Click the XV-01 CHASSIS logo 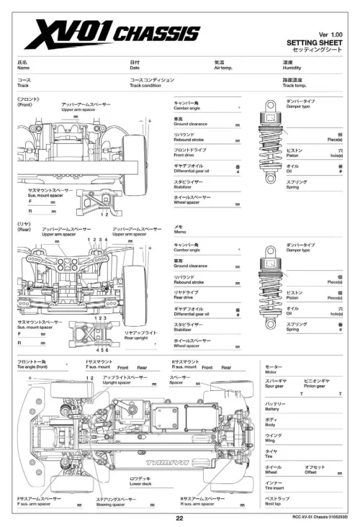pyautogui.click(x=112, y=33)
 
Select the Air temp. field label pyautogui.click(x=225, y=66)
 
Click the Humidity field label pyautogui.click(x=293, y=66)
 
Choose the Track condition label pyautogui.click(x=145, y=85)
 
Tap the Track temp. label pyautogui.click(x=295, y=85)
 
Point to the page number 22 pyautogui.click(x=180, y=518)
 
